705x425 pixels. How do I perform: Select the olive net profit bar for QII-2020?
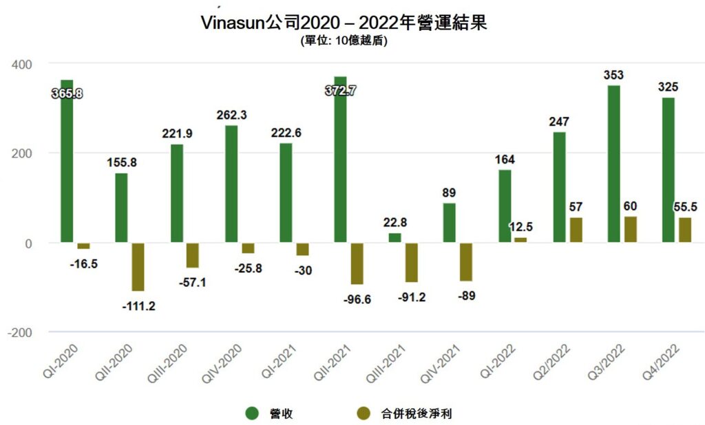click(138, 267)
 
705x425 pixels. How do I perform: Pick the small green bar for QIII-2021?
click(394, 238)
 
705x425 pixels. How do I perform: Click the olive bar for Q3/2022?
click(630, 229)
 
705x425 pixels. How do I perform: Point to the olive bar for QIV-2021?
click(466, 262)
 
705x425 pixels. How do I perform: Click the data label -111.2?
click(138, 306)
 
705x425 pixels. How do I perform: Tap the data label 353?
click(613, 74)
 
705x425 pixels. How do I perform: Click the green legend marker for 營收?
click(252, 413)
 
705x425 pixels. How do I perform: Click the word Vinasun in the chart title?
click(231, 23)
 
